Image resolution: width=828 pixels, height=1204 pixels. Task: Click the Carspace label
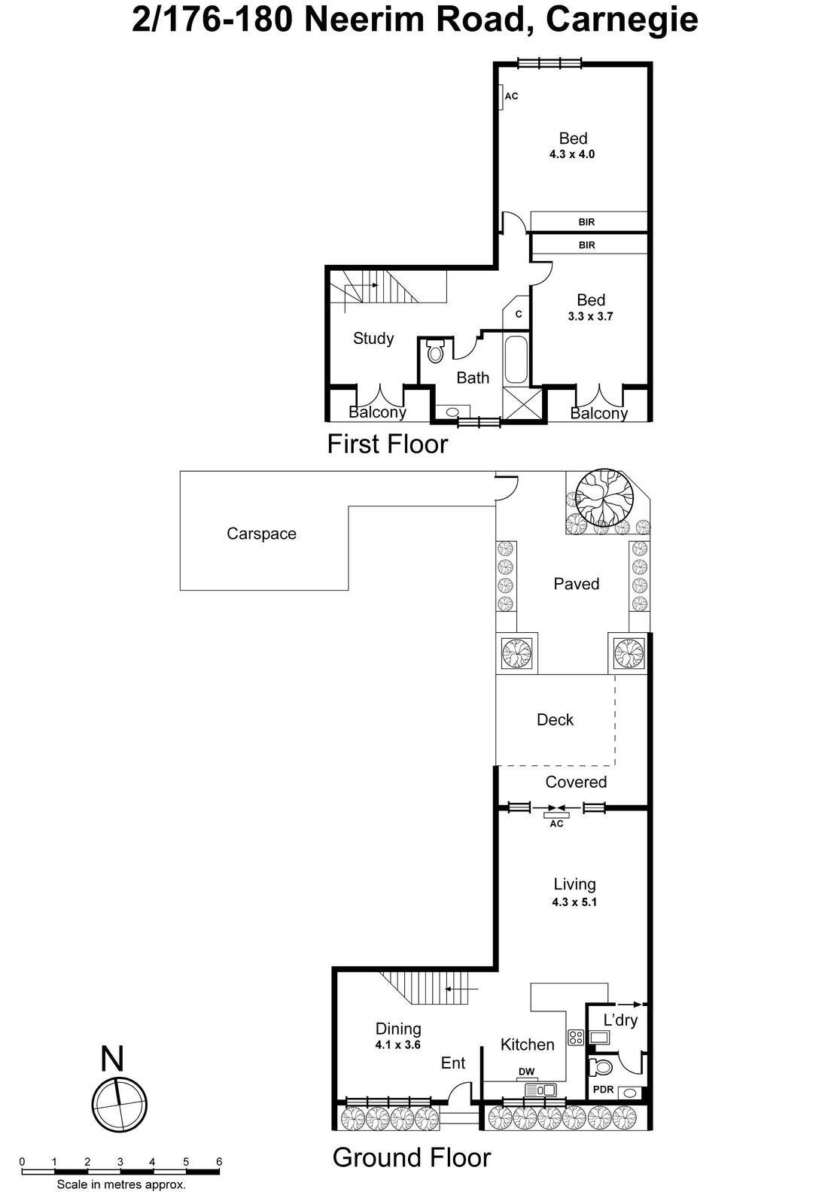[261, 534]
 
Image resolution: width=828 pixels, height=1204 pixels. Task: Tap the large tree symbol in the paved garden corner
[604, 497]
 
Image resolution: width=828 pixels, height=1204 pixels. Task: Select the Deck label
[555, 720]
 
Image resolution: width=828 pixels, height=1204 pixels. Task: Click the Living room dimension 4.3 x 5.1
[574, 902]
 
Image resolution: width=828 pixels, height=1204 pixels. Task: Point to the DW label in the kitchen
[526, 1072]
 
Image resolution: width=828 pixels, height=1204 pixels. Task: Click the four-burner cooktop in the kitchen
[576, 1038]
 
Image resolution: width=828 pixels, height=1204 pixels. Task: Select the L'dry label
[620, 1020]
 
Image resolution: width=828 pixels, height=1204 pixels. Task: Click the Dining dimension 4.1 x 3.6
[397, 1045]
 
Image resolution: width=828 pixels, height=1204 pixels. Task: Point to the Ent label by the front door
[452, 1063]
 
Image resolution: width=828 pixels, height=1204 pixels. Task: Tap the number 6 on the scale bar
[218, 1162]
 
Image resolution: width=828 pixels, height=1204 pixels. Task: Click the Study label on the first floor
[373, 339]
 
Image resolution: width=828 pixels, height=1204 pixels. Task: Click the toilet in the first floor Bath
[436, 350]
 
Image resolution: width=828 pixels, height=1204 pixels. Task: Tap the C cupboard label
[519, 315]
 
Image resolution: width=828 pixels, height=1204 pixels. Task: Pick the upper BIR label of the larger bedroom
[586, 222]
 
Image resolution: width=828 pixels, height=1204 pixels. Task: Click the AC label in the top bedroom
[511, 96]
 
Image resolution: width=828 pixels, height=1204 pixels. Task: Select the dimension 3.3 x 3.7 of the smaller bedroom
[590, 317]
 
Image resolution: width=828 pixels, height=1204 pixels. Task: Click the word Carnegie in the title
[622, 20]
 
